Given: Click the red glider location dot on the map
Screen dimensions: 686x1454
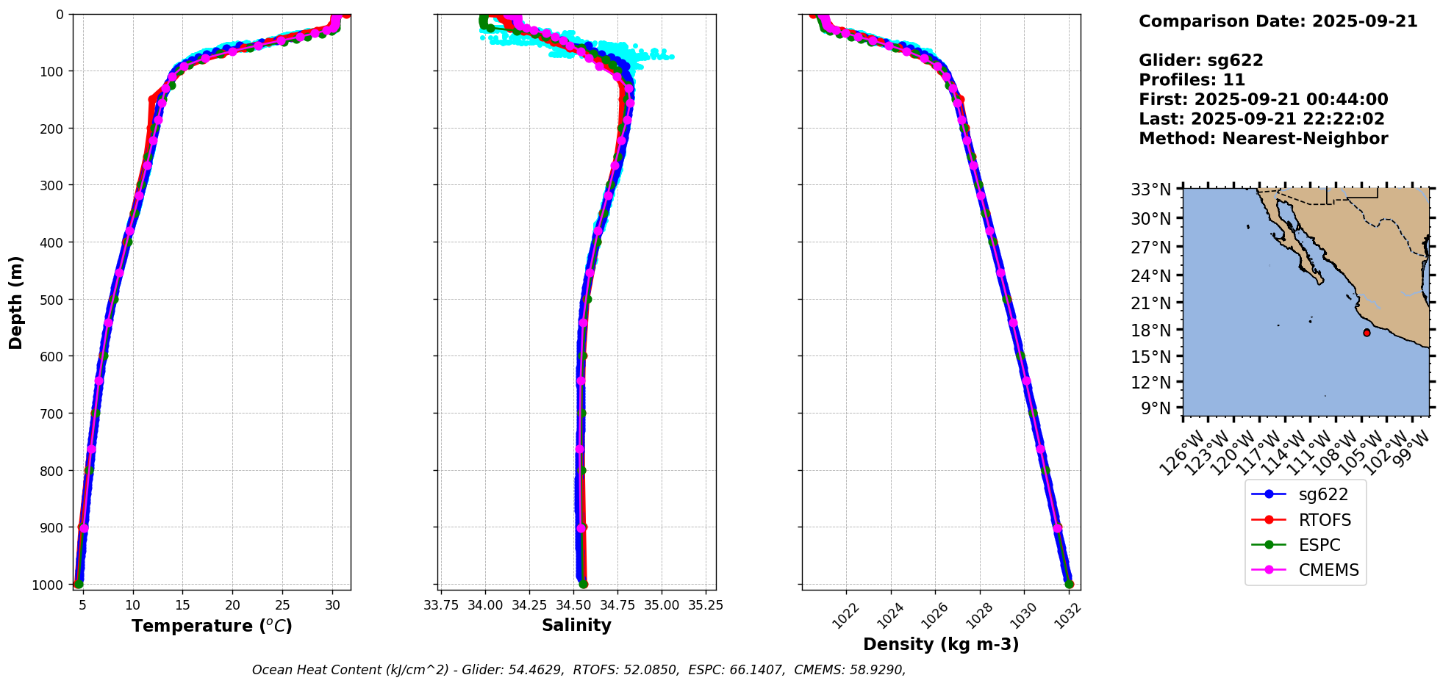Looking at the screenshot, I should click(x=1367, y=333).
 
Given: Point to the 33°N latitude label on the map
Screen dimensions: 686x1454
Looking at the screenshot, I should click(x=1150, y=190).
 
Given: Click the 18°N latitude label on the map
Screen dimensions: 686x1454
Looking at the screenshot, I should click(x=1150, y=331).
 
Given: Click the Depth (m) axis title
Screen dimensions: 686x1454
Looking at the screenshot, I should click(x=16, y=302).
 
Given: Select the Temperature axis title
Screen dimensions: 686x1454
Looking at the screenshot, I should click(x=212, y=626).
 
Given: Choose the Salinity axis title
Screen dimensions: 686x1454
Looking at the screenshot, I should click(x=576, y=626).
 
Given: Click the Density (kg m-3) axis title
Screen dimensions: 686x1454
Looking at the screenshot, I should click(x=941, y=645).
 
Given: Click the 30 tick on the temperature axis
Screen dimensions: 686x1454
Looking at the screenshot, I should click(x=332, y=605).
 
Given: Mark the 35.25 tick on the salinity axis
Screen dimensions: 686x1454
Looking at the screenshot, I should click(x=706, y=605).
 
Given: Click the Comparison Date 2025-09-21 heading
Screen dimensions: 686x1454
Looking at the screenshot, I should click(x=1278, y=21).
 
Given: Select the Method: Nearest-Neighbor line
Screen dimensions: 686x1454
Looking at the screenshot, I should click(x=1263, y=139).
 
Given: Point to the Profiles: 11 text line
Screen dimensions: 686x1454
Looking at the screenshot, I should click(x=1192, y=80).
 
